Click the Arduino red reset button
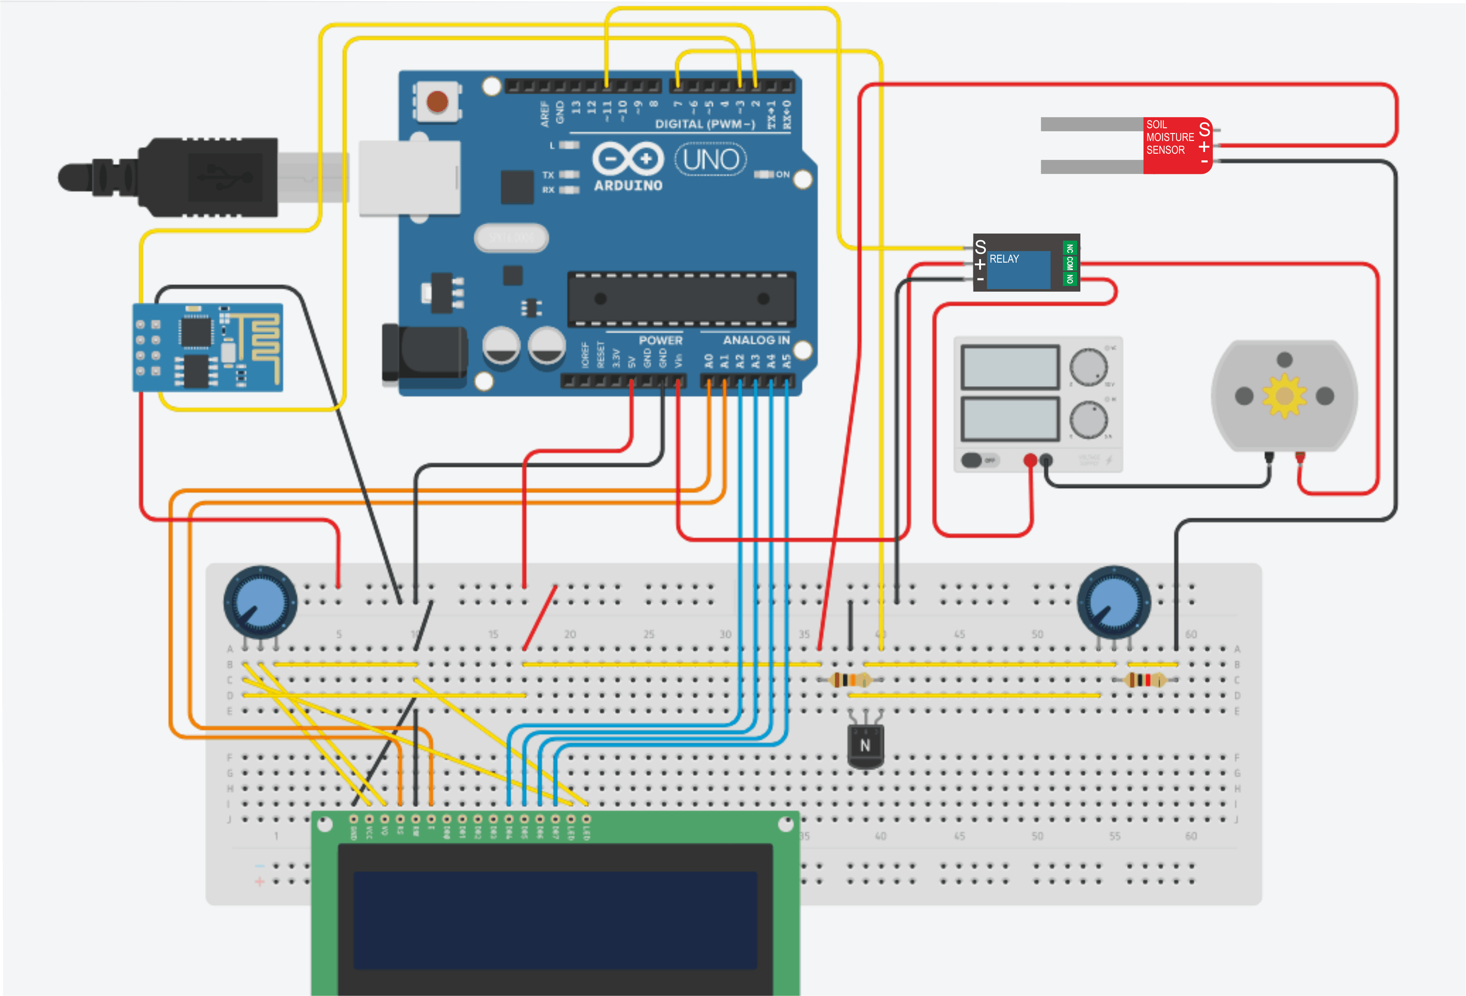437,101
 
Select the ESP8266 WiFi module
207,347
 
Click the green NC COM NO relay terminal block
1069,263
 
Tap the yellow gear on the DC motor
1284,396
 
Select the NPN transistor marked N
865,746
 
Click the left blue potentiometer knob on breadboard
260,603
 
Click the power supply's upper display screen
1010,367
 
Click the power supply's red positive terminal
1030,460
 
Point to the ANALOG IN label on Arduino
756,340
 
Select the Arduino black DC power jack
424,354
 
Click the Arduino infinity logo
628,159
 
